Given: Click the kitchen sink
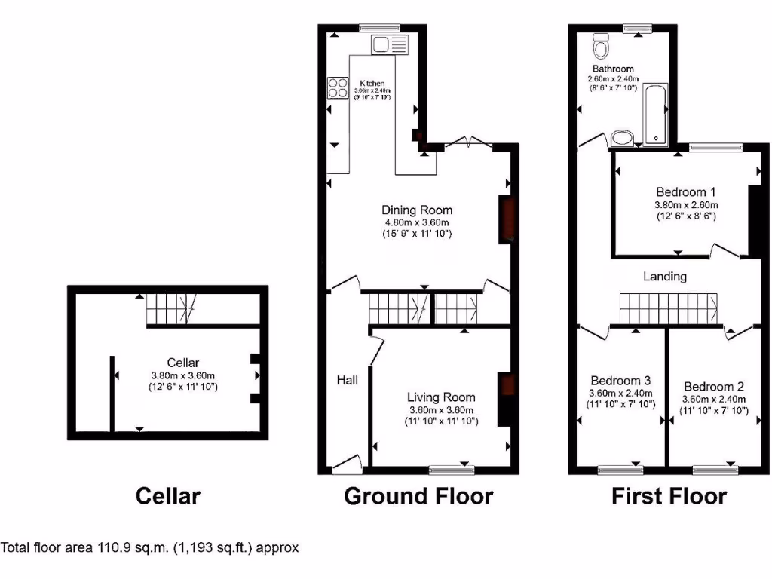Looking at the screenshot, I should click(x=388, y=44).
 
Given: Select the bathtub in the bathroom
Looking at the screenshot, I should click(x=654, y=112).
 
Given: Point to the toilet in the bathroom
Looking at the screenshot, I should click(x=602, y=47).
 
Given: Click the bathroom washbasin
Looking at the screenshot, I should click(x=623, y=138).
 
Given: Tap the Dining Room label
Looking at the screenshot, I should click(x=417, y=210).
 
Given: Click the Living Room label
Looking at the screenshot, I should click(x=441, y=397).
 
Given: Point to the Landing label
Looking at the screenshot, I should click(x=664, y=277).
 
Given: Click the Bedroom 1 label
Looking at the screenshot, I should click(x=681, y=192).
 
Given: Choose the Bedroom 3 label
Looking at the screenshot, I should click(x=620, y=381).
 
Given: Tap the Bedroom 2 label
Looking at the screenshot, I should click(x=713, y=387).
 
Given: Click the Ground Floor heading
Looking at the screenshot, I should click(x=418, y=496).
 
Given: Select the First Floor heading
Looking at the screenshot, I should click(x=669, y=496).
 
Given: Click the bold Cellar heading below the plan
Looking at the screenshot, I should click(x=167, y=496).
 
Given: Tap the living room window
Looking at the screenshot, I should click(x=452, y=470).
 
